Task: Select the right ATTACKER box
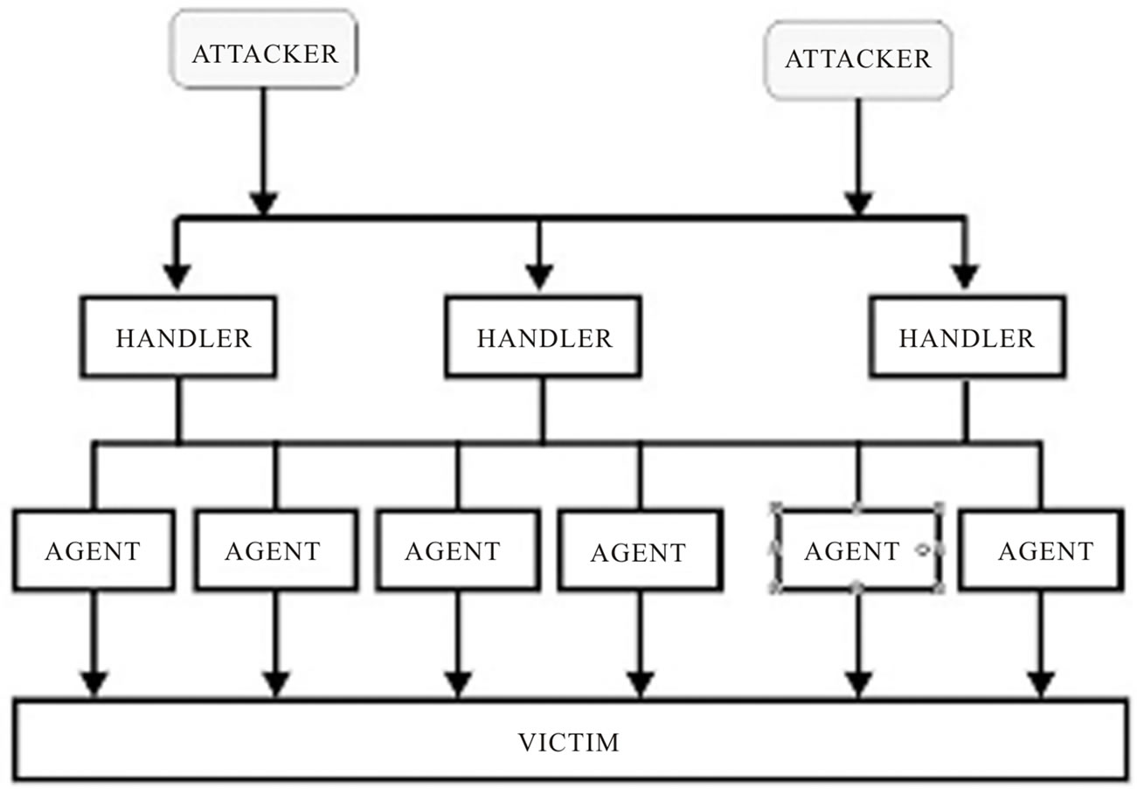coord(858,59)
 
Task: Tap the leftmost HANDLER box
coord(179,337)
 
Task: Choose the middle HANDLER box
coord(543,337)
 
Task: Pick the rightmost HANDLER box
coord(967,337)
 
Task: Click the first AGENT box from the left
coord(93,550)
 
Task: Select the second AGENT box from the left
coord(275,550)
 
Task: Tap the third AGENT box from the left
coord(456,550)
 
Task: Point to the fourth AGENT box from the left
coord(639,551)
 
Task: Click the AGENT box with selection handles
coord(852,550)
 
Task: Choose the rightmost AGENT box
coord(1041,550)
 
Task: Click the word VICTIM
coord(569,743)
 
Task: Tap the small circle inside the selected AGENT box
coord(922,550)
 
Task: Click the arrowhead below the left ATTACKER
coord(263,203)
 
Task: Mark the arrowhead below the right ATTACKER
coord(858,203)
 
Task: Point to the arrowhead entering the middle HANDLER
coord(539,277)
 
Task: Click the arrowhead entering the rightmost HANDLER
coord(965,277)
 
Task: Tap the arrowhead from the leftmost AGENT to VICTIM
coord(94,684)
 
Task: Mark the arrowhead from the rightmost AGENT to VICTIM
coord(1040,684)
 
